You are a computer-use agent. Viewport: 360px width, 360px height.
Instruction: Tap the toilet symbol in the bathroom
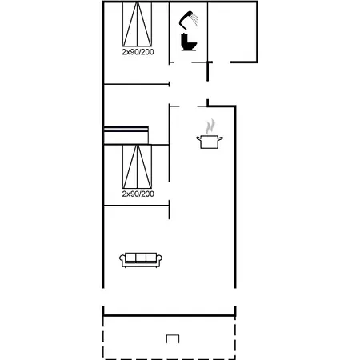[189, 42]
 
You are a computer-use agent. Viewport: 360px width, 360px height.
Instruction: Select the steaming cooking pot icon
[210, 134]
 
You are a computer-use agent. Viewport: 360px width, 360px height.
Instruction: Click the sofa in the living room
[141, 260]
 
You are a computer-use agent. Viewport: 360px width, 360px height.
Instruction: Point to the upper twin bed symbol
[137, 24]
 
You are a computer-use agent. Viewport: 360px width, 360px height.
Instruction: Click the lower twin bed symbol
[137, 166]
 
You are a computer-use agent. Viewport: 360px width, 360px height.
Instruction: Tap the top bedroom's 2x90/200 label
[138, 52]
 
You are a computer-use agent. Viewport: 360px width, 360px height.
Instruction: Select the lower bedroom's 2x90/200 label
[138, 194]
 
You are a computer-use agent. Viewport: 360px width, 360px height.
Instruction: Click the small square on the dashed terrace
[173, 338]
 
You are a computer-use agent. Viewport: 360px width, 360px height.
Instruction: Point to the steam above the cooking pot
[210, 126]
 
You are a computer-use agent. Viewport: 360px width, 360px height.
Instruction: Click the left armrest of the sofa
[122, 260]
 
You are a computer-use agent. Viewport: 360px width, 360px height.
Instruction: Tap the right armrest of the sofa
[159, 260]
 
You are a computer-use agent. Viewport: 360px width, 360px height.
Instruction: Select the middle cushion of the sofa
[141, 258]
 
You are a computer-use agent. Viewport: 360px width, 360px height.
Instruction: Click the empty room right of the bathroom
[232, 32]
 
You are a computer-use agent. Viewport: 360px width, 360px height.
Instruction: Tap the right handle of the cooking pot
[220, 138]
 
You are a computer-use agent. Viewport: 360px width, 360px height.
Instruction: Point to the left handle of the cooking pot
[199, 138]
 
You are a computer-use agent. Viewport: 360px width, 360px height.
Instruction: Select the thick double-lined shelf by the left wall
[126, 129]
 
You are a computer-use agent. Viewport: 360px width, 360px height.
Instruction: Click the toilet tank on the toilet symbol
[184, 40]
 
